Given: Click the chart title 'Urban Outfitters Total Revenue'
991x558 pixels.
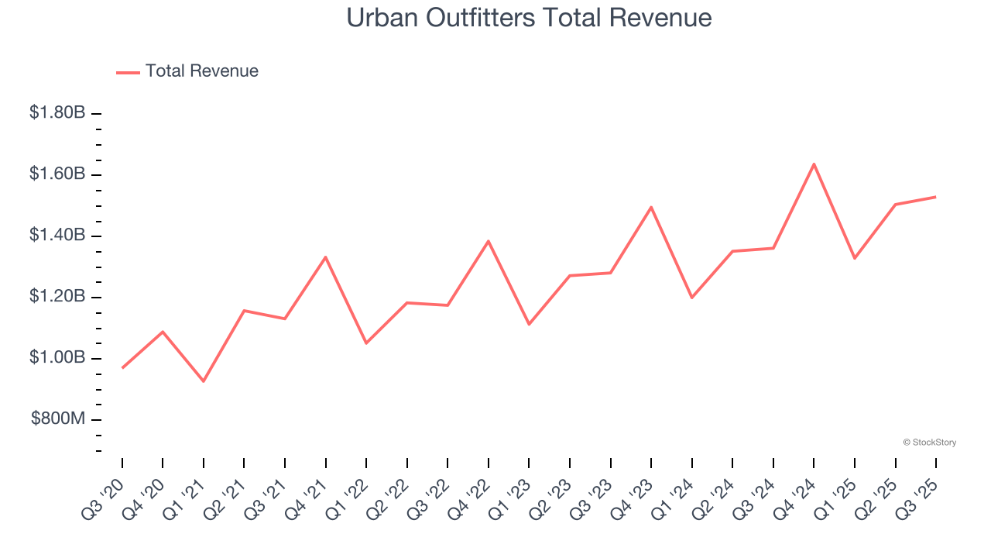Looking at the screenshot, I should (x=529, y=17).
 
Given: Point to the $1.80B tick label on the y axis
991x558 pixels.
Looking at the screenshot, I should (x=57, y=113).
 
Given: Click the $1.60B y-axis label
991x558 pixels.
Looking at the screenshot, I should (x=57, y=174).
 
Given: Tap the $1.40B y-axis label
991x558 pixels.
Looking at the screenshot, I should (x=57, y=236).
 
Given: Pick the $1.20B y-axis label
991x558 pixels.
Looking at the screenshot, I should (x=57, y=297).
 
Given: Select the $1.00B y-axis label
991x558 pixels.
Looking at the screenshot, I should (x=57, y=358).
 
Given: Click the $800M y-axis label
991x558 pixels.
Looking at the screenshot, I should (x=58, y=419).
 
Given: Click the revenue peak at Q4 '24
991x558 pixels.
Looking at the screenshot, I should (x=814, y=164).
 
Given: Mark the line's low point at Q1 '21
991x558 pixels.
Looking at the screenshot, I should (x=204, y=381).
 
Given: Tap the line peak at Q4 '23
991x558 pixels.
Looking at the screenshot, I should (x=651, y=207).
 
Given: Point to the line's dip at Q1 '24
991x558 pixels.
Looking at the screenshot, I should (x=691, y=298).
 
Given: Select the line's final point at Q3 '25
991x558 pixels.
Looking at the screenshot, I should (x=935, y=197).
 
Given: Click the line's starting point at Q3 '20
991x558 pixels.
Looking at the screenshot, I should (x=122, y=368).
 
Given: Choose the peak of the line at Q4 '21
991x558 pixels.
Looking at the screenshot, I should (x=326, y=257).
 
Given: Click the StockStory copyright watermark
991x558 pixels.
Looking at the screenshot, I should (x=929, y=443).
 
